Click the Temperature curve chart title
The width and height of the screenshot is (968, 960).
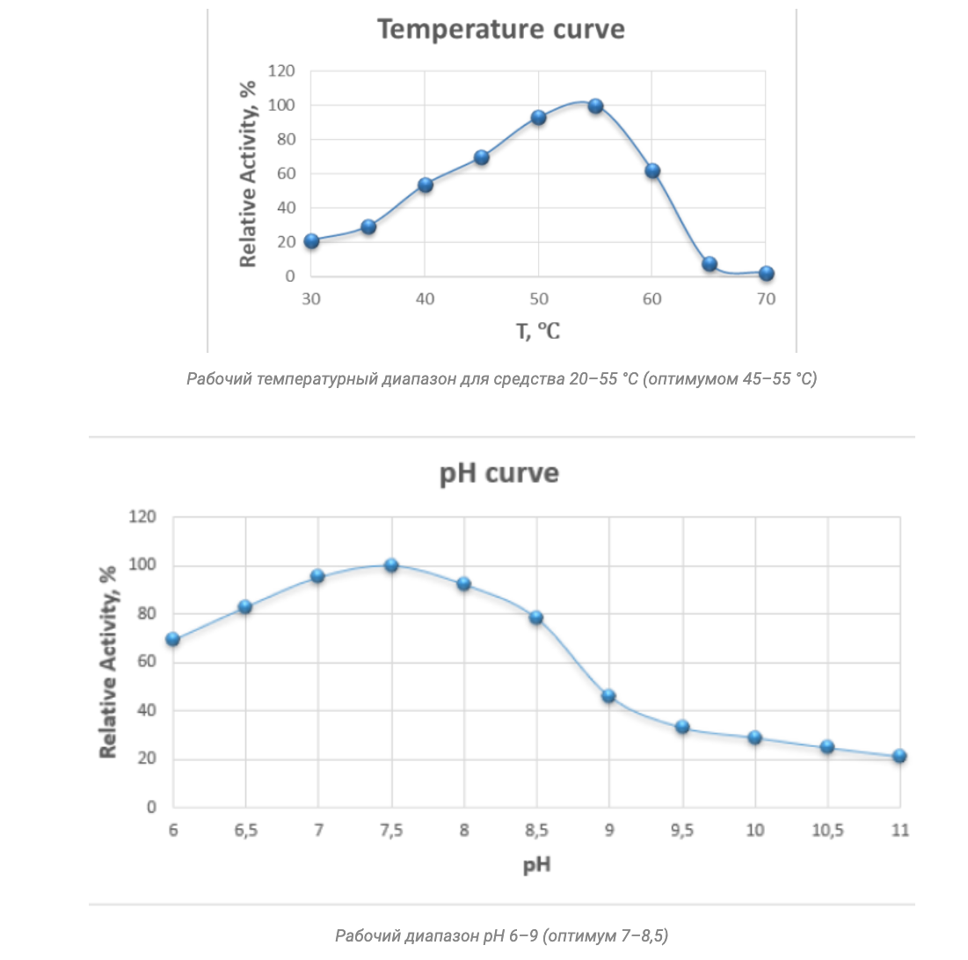(501, 29)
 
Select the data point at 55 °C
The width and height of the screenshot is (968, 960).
(595, 106)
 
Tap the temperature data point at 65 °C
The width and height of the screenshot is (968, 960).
(710, 264)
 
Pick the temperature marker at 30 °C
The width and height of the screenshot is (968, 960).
(311, 241)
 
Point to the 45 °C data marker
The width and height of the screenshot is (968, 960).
(481, 158)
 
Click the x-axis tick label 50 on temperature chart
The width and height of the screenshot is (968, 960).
(538, 299)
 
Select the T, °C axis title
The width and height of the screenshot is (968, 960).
(537, 332)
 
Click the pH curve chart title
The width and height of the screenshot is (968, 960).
(499, 473)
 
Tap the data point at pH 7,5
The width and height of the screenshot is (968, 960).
(391, 565)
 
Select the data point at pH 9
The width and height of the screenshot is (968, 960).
(608, 696)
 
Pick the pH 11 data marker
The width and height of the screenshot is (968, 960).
(899, 756)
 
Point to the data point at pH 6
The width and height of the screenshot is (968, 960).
(173, 639)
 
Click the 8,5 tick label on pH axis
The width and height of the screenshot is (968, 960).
(536, 831)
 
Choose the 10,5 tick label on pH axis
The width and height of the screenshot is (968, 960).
(826, 831)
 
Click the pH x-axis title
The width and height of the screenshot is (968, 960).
(536, 865)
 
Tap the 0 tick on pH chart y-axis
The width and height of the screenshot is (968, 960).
(151, 807)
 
